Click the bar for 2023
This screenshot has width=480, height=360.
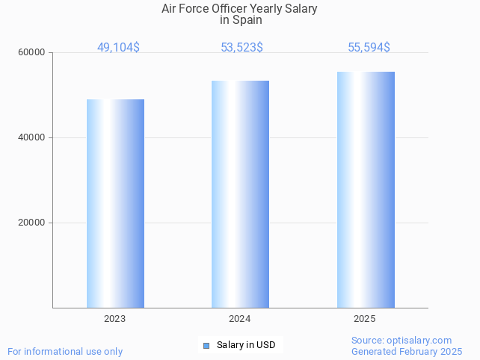115,203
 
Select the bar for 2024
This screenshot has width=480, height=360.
240,194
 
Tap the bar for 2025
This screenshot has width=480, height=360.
366,190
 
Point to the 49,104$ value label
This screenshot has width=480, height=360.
118,48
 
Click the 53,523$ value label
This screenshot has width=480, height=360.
241,48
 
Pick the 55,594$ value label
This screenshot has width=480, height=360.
369,48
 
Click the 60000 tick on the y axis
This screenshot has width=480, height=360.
32,53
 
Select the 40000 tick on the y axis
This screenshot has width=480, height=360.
32,138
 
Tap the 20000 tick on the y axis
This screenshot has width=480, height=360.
32,223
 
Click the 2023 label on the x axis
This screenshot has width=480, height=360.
114,319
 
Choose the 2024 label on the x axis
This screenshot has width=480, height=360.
239,319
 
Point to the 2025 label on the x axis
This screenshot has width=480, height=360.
365,319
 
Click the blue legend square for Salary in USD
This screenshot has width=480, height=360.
207,345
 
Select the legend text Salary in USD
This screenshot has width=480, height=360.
246,345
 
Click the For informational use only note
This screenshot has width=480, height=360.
65,351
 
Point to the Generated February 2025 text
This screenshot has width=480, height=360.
407,352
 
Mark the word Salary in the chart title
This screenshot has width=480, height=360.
301,9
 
